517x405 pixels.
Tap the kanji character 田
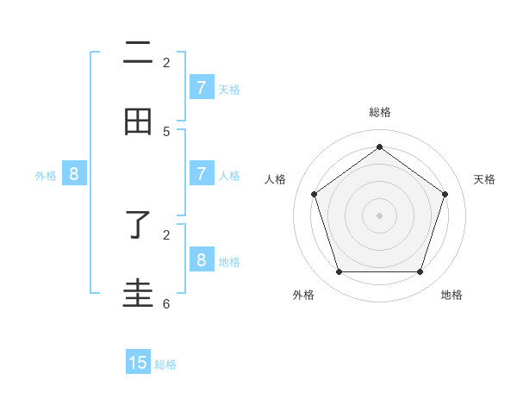(138, 122)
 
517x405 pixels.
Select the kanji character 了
(138, 227)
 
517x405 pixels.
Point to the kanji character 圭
(138, 293)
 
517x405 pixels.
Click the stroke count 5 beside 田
(166, 132)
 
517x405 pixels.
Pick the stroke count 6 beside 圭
(166, 303)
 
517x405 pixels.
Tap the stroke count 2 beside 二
(166, 62)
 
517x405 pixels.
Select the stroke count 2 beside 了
(166, 234)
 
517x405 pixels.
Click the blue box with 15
(138, 363)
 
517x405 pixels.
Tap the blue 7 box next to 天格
(201, 88)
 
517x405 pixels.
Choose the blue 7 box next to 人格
(201, 174)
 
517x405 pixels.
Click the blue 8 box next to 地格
(201, 260)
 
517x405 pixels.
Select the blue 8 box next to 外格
(74, 174)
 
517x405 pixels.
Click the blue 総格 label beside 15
(165, 364)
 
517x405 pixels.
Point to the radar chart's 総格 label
(379, 112)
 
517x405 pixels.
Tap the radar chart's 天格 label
(484, 179)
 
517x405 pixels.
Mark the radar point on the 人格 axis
(314, 194)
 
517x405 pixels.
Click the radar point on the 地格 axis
(420, 272)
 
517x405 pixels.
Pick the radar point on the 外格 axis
(339, 272)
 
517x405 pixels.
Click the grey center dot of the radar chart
(379, 215)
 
